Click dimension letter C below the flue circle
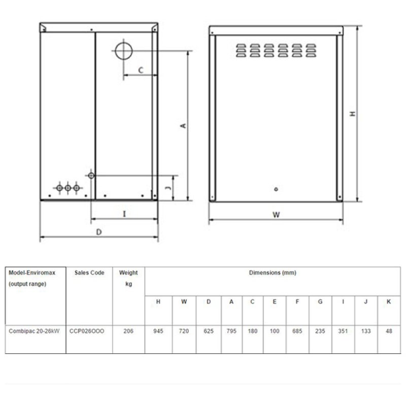click(x=140, y=70)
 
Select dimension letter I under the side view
click(x=124, y=214)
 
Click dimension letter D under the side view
click(x=99, y=232)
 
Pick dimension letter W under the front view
click(x=276, y=215)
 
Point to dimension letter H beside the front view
click(x=352, y=114)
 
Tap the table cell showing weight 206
click(x=128, y=331)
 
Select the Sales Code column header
click(x=89, y=273)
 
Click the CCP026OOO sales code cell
click(x=87, y=331)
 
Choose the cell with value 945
click(x=158, y=331)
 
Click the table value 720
click(x=184, y=331)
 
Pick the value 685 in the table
click(x=297, y=331)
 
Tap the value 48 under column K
click(x=389, y=331)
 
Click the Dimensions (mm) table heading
click(x=273, y=273)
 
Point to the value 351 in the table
click(x=343, y=331)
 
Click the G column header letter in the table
click(x=320, y=302)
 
